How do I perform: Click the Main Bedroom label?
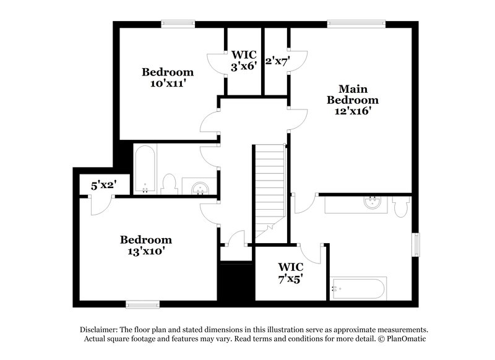pos(352,94)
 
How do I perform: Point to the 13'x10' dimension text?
pos(145,251)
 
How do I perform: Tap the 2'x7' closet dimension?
pos(277,61)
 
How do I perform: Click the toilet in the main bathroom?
pos(400,206)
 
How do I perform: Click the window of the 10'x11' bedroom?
pos(179,24)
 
